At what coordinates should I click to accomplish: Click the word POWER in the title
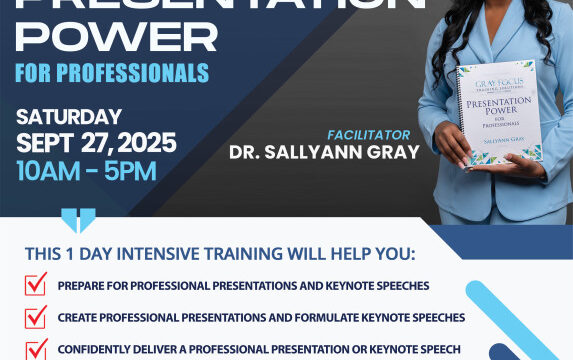[x=115, y=38]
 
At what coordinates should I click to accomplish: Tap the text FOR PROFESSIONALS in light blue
[x=111, y=74]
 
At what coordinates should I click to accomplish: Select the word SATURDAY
[x=69, y=117]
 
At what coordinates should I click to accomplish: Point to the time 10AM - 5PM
[x=86, y=170]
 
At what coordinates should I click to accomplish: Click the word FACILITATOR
[x=368, y=134]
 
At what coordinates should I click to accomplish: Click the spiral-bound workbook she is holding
[x=499, y=114]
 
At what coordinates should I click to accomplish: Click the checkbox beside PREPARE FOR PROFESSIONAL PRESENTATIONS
[x=36, y=285]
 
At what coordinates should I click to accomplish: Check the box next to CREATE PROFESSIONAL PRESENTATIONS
[x=36, y=317]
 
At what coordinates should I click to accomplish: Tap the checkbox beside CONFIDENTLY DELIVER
[x=36, y=349]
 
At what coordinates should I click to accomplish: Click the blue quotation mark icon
[x=79, y=219]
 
